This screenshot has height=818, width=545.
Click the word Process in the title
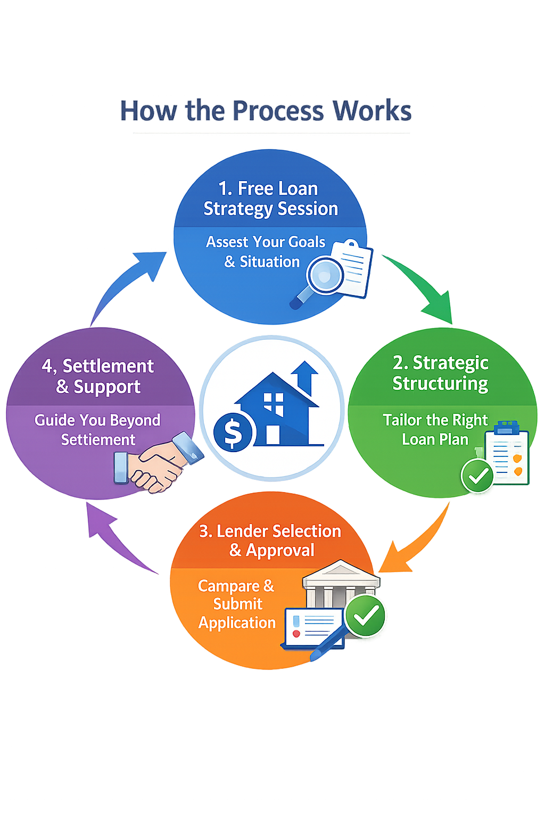tap(278, 111)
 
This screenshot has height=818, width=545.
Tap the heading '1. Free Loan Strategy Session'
tap(270, 199)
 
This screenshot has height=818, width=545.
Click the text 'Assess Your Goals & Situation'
tap(265, 252)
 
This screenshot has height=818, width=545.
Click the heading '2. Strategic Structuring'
tap(440, 373)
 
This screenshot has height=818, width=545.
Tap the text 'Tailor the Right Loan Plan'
tap(435, 429)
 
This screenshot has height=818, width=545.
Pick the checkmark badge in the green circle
tap(477, 476)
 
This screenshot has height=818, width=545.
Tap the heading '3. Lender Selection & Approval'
tap(270, 540)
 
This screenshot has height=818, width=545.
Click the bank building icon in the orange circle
tap(341, 583)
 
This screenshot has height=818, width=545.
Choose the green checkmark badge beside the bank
tap(365, 616)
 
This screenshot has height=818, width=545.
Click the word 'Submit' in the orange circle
tap(238, 604)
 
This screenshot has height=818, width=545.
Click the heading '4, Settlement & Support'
tap(98, 376)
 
